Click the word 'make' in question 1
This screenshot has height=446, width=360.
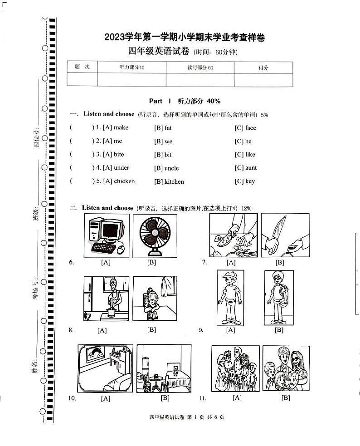click(121, 127)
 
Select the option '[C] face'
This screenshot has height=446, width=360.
click(245, 128)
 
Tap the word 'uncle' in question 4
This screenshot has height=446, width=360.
click(171, 168)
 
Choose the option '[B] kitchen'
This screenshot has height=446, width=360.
click(169, 181)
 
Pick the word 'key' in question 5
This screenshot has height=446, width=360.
click(250, 181)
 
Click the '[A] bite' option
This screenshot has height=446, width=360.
click(113, 154)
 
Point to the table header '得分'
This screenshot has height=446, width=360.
click(263, 68)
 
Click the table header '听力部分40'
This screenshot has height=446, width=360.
click(131, 68)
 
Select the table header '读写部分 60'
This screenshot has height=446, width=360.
click(200, 68)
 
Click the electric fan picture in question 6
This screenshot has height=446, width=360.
click(155, 235)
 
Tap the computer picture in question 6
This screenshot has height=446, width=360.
click(106, 235)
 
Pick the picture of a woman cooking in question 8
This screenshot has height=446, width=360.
click(107, 299)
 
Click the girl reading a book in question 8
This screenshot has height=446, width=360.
click(155, 299)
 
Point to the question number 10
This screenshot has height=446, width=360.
click(72, 398)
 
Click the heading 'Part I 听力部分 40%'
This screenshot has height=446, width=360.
click(185, 101)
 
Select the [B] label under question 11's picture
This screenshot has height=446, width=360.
click(286, 398)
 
